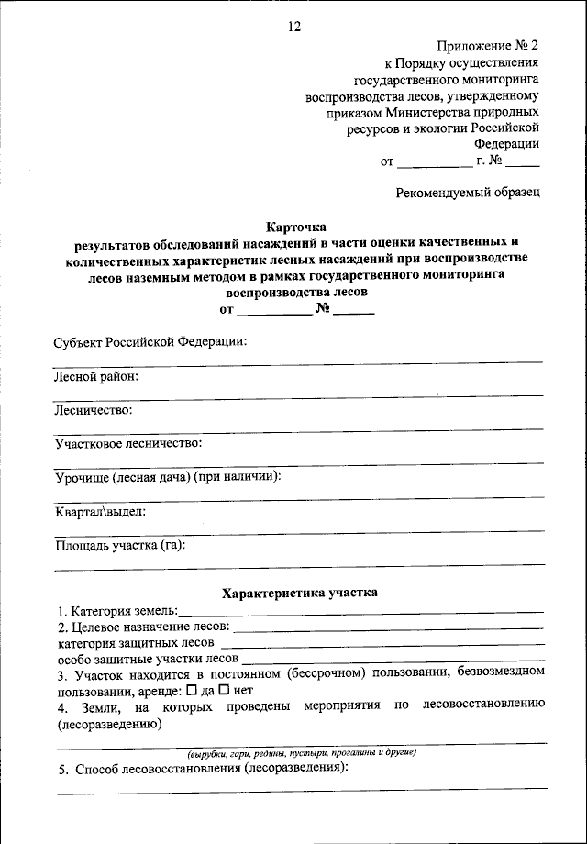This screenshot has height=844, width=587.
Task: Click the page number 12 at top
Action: point(293,27)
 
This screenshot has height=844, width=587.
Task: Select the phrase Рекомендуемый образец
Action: point(468,194)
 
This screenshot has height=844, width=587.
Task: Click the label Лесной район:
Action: point(95,375)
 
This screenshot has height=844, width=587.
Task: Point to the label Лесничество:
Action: point(93,409)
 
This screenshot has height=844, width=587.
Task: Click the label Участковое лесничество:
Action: point(127,443)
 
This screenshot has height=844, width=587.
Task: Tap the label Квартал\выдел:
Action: point(100,511)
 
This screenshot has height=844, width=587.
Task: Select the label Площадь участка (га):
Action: point(119,545)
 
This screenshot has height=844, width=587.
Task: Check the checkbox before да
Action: point(191,689)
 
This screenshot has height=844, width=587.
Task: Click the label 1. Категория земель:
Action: point(118,610)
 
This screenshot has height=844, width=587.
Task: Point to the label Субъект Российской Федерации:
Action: point(150,341)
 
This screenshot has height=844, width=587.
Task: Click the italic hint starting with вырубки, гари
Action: point(302,752)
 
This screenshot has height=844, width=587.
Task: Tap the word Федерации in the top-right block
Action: point(506,144)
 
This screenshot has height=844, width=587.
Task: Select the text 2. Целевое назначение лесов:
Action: point(145,627)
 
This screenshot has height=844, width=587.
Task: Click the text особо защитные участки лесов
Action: point(148,658)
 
